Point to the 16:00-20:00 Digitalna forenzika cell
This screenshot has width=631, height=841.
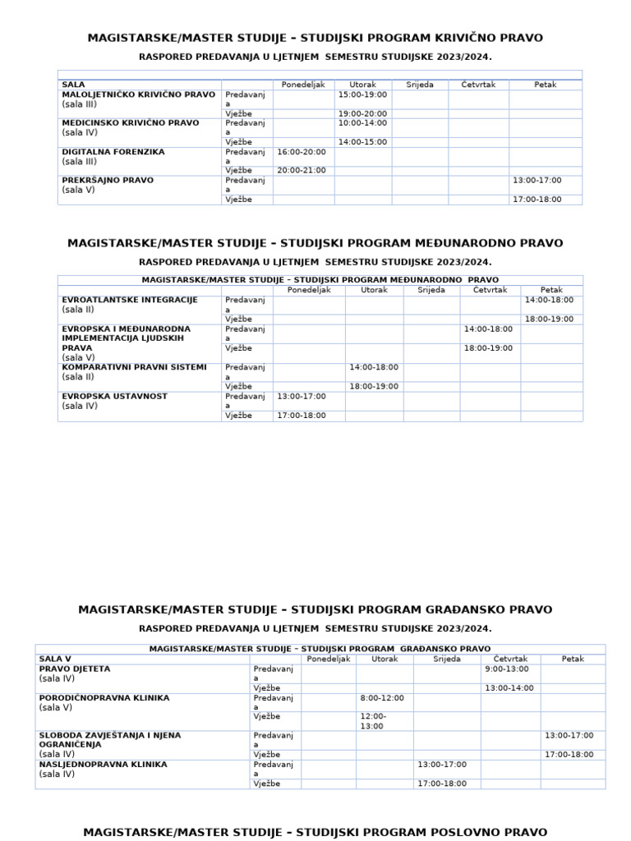(x=302, y=152)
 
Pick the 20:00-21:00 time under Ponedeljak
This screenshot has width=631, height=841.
(x=302, y=170)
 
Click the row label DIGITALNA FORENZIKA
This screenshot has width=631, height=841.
(x=113, y=152)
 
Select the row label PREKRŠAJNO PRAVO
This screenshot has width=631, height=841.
(x=108, y=180)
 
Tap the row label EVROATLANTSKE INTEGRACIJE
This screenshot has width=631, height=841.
(x=130, y=300)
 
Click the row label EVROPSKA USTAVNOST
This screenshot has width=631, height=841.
(x=114, y=396)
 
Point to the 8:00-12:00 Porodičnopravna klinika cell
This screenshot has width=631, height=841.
(x=382, y=697)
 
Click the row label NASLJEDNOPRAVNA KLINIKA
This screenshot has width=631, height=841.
(x=103, y=764)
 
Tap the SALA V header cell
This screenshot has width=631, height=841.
(x=55, y=659)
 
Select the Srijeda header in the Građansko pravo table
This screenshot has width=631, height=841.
(x=446, y=659)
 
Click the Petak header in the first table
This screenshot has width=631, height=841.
(x=545, y=85)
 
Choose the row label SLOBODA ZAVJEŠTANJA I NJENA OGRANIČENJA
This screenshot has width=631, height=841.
(x=109, y=739)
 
